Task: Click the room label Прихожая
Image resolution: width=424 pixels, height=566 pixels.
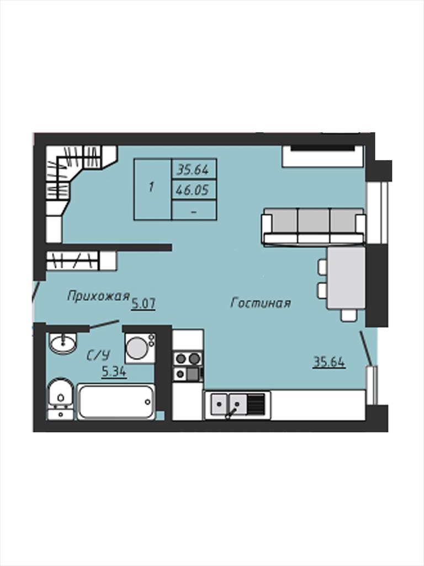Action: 98,296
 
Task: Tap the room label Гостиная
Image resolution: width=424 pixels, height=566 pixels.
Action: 261,303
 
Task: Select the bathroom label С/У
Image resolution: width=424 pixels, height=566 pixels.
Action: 98,356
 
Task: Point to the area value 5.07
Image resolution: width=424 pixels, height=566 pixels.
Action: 143,304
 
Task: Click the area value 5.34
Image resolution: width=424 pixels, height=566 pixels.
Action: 114,371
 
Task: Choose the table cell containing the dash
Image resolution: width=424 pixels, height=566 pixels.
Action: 194,210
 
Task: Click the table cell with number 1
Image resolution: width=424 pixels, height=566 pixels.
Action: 152,189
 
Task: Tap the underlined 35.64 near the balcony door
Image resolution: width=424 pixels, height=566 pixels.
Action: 329,361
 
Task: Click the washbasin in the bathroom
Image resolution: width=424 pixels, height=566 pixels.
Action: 63,343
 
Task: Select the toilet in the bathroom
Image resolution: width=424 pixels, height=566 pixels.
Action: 61,399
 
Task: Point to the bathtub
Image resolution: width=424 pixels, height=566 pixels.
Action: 116,402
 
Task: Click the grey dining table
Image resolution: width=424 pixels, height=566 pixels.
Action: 346,278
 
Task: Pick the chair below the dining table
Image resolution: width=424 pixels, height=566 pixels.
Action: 349,315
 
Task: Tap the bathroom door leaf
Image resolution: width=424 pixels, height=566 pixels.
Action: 104,324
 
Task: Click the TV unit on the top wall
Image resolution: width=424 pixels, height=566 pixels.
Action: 322,156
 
